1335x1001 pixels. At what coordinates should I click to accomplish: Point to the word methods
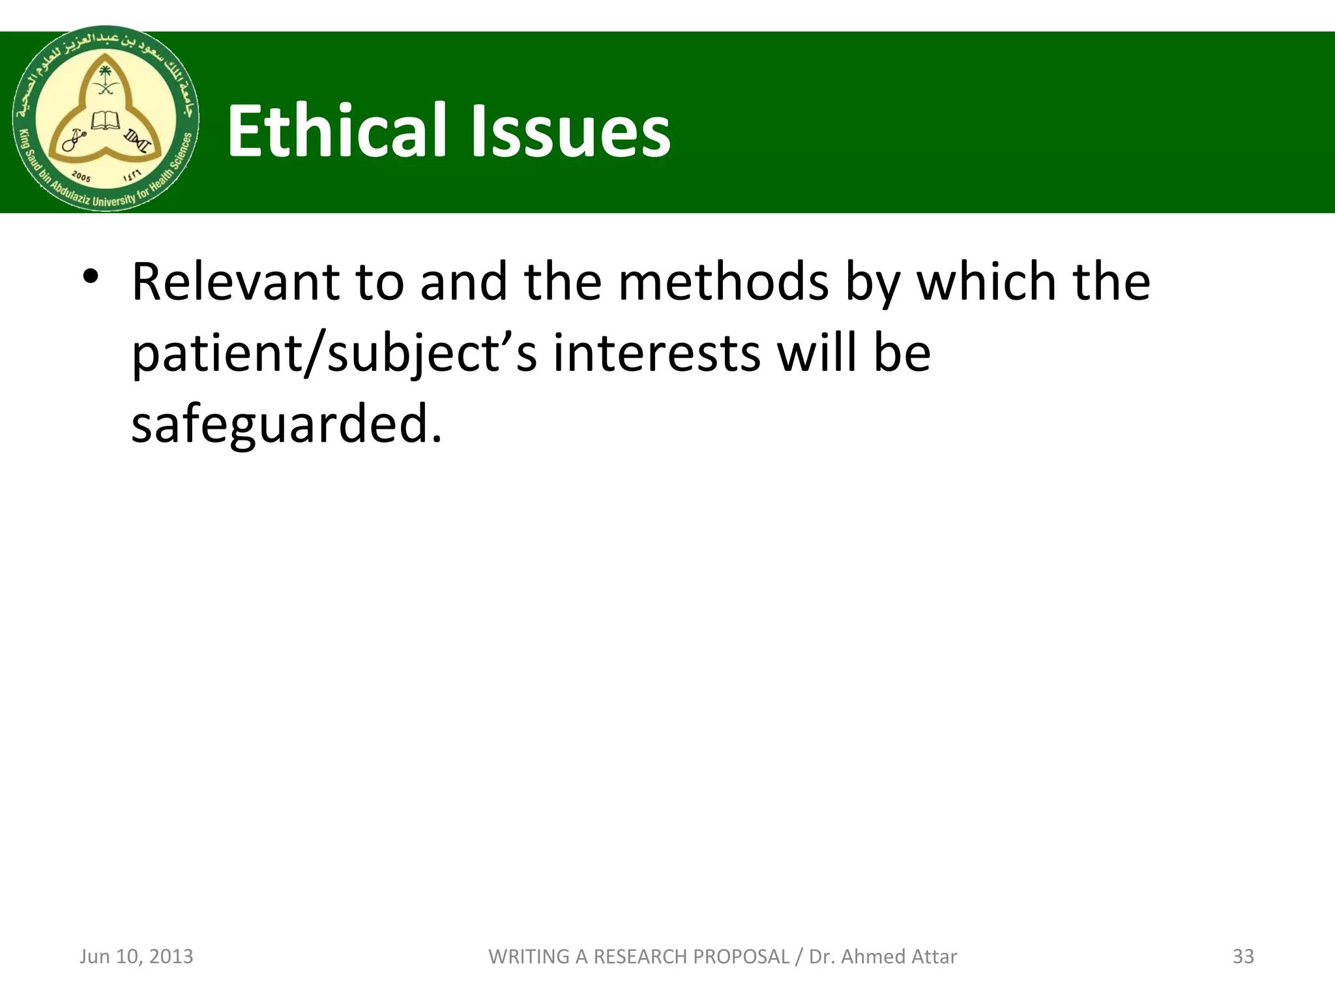(x=724, y=282)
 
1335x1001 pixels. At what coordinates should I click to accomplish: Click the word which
(x=986, y=282)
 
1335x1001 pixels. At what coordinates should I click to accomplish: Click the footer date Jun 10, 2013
(x=136, y=956)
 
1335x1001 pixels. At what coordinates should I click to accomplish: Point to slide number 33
(x=1243, y=956)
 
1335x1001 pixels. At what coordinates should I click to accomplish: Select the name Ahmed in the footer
(x=867, y=956)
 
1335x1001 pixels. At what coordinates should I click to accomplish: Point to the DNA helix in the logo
(x=139, y=140)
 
